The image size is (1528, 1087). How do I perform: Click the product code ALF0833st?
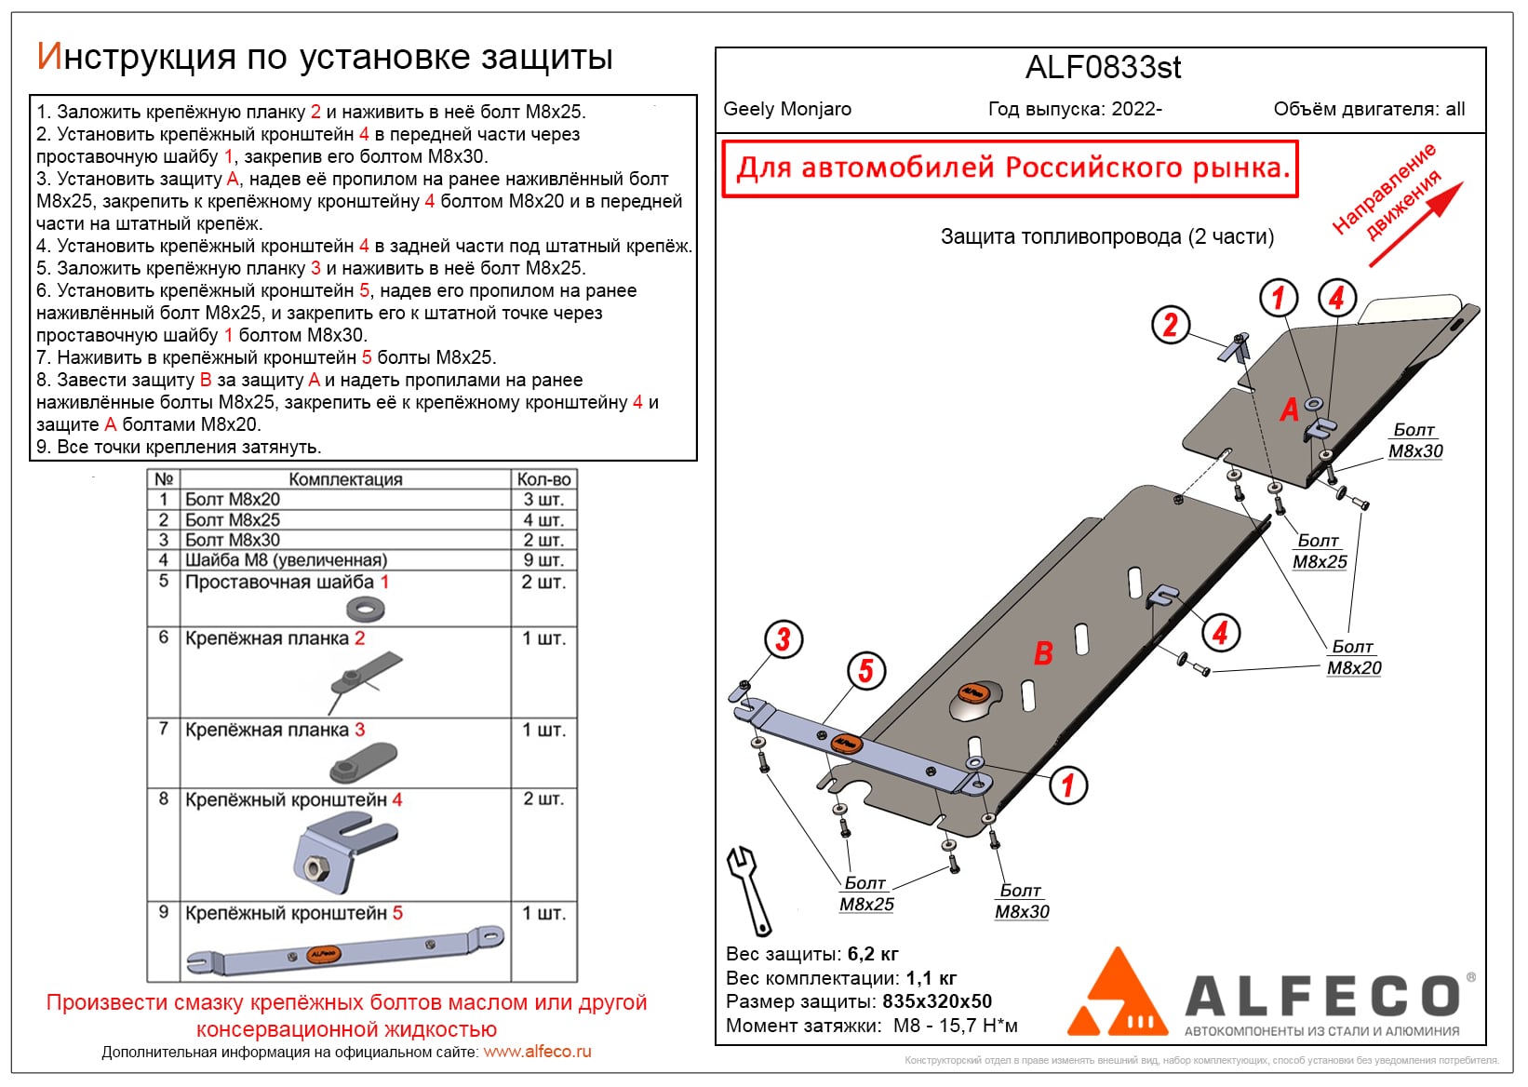click(1103, 68)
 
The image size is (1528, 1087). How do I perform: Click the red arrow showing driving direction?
click(1416, 224)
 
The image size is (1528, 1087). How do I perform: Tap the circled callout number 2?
click(1170, 324)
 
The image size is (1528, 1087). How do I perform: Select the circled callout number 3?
click(783, 639)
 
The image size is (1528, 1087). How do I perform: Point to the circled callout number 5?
click(865, 670)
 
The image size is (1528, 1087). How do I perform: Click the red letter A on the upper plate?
click(1289, 409)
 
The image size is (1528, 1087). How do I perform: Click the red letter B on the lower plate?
click(1043, 653)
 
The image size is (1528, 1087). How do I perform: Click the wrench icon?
click(749, 890)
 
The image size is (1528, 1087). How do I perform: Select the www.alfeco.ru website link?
click(537, 1052)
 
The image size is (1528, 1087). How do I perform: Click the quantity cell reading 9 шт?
click(543, 560)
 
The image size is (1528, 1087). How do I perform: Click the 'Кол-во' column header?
click(543, 479)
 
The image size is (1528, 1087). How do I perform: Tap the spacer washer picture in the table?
click(365, 610)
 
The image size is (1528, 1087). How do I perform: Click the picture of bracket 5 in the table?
click(344, 951)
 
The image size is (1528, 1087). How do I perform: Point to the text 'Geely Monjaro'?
click(787, 109)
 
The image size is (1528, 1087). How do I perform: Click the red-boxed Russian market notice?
click(1010, 168)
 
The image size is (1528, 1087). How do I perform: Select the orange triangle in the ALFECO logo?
click(1118, 996)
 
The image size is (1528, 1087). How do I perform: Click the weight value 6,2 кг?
click(873, 954)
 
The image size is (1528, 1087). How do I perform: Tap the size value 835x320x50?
click(936, 1001)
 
